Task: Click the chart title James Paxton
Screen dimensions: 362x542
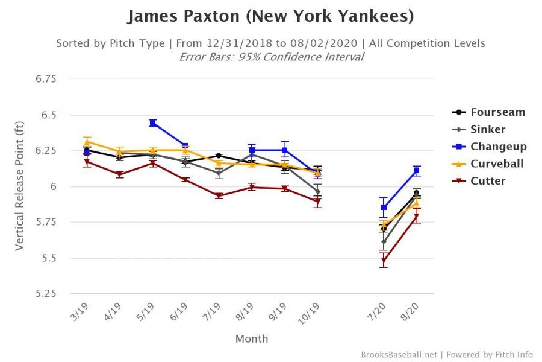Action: click(270, 16)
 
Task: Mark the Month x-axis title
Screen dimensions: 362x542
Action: click(252, 339)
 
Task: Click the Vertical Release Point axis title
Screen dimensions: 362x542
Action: click(20, 186)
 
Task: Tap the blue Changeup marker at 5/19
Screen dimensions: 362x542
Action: click(153, 123)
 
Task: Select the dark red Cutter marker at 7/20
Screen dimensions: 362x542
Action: click(384, 261)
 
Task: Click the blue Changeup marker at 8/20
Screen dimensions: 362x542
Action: click(416, 171)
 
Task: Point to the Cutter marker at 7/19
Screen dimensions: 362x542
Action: click(219, 196)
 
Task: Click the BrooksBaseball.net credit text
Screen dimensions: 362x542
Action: click(399, 355)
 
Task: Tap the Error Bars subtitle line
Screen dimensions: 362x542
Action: click(271, 57)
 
